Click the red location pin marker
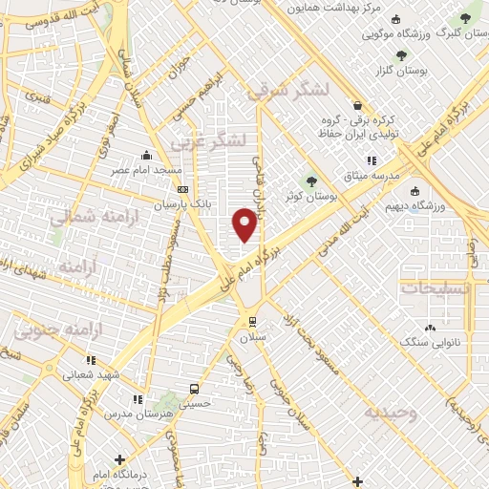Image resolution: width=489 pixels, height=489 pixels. click(x=245, y=224)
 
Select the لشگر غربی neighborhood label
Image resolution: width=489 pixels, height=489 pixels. click(x=208, y=142)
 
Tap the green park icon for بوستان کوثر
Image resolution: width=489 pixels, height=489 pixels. click(x=311, y=181)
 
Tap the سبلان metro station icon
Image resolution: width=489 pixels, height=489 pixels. click(x=252, y=321)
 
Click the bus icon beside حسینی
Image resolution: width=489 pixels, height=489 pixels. click(x=195, y=389)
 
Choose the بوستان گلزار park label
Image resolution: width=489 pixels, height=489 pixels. click(x=426, y=70)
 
